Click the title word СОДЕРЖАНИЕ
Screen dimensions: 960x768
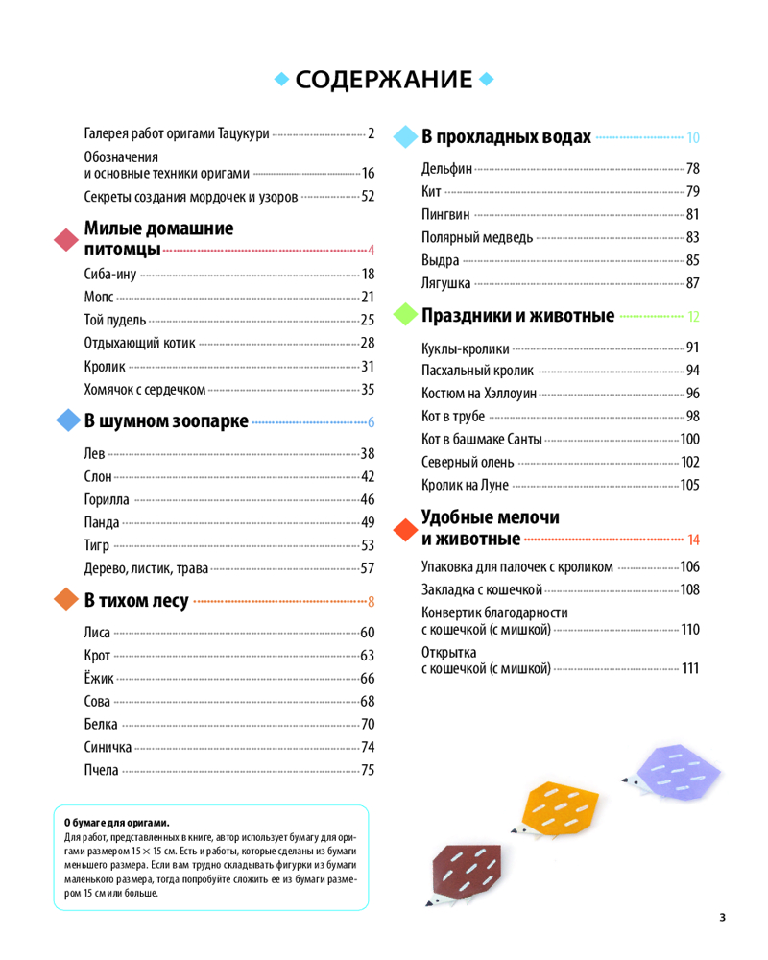[x=384, y=80]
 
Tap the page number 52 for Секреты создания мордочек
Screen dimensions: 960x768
[x=367, y=197]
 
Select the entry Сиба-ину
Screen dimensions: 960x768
[x=109, y=275]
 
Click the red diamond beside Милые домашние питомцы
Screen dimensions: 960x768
[x=65, y=241]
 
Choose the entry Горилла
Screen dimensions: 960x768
[x=107, y=499]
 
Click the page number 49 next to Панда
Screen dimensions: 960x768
[x=367, y=522]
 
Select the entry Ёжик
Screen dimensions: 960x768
[x=99, y=679]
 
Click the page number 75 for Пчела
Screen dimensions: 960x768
[x=367, y=770]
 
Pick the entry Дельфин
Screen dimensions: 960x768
[x=446, y=169]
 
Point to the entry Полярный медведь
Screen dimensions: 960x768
[x=476, y=237]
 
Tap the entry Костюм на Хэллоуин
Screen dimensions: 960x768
[x=479, y=394]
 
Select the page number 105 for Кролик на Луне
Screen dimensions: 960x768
[x=689, y=486]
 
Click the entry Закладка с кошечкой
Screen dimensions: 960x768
[x=482, y=589]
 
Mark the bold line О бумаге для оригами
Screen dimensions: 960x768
[x=116, y=823]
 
